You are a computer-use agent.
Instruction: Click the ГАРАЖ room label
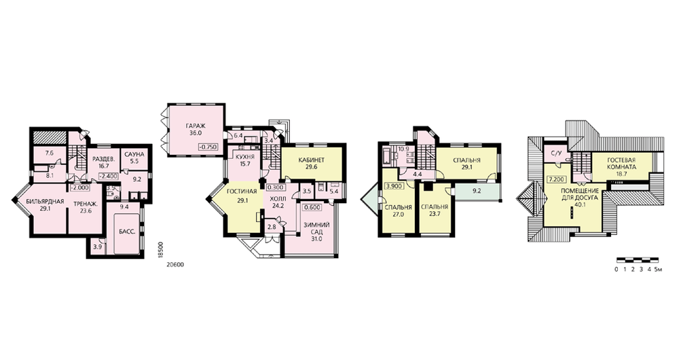pyautogui.click(x=196, y=126)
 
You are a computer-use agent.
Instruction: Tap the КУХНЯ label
pyautogui.click(x=242, y=157)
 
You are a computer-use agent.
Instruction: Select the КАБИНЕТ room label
pyautogui.click(x=312, y=160)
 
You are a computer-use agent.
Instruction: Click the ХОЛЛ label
pyautogui.click(x=278, y=199)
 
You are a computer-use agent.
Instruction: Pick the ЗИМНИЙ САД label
pyautogui.click(x=316, y=228)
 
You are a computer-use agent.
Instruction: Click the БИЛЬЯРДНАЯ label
pyautogui.click(x=45, y=202)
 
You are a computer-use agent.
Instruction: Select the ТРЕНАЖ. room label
pyautogui.click(x=85, y=204)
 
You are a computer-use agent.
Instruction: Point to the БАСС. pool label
pyautogui.click(x=127, y=232)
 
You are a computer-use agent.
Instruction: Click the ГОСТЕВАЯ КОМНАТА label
pyautogui.click(x=621, y=163)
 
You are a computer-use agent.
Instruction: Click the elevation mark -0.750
pyautogui.click(x=208, y=147)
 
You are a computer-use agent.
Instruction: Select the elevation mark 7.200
pyautogui.click(x=555, y=179)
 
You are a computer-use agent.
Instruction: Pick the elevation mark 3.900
pyautogui.click(x=392, y=187)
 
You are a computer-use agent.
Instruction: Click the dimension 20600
pyautogui.click(x=175, y=265)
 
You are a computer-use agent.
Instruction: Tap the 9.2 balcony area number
pyautogui.click(x=477, y=190)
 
